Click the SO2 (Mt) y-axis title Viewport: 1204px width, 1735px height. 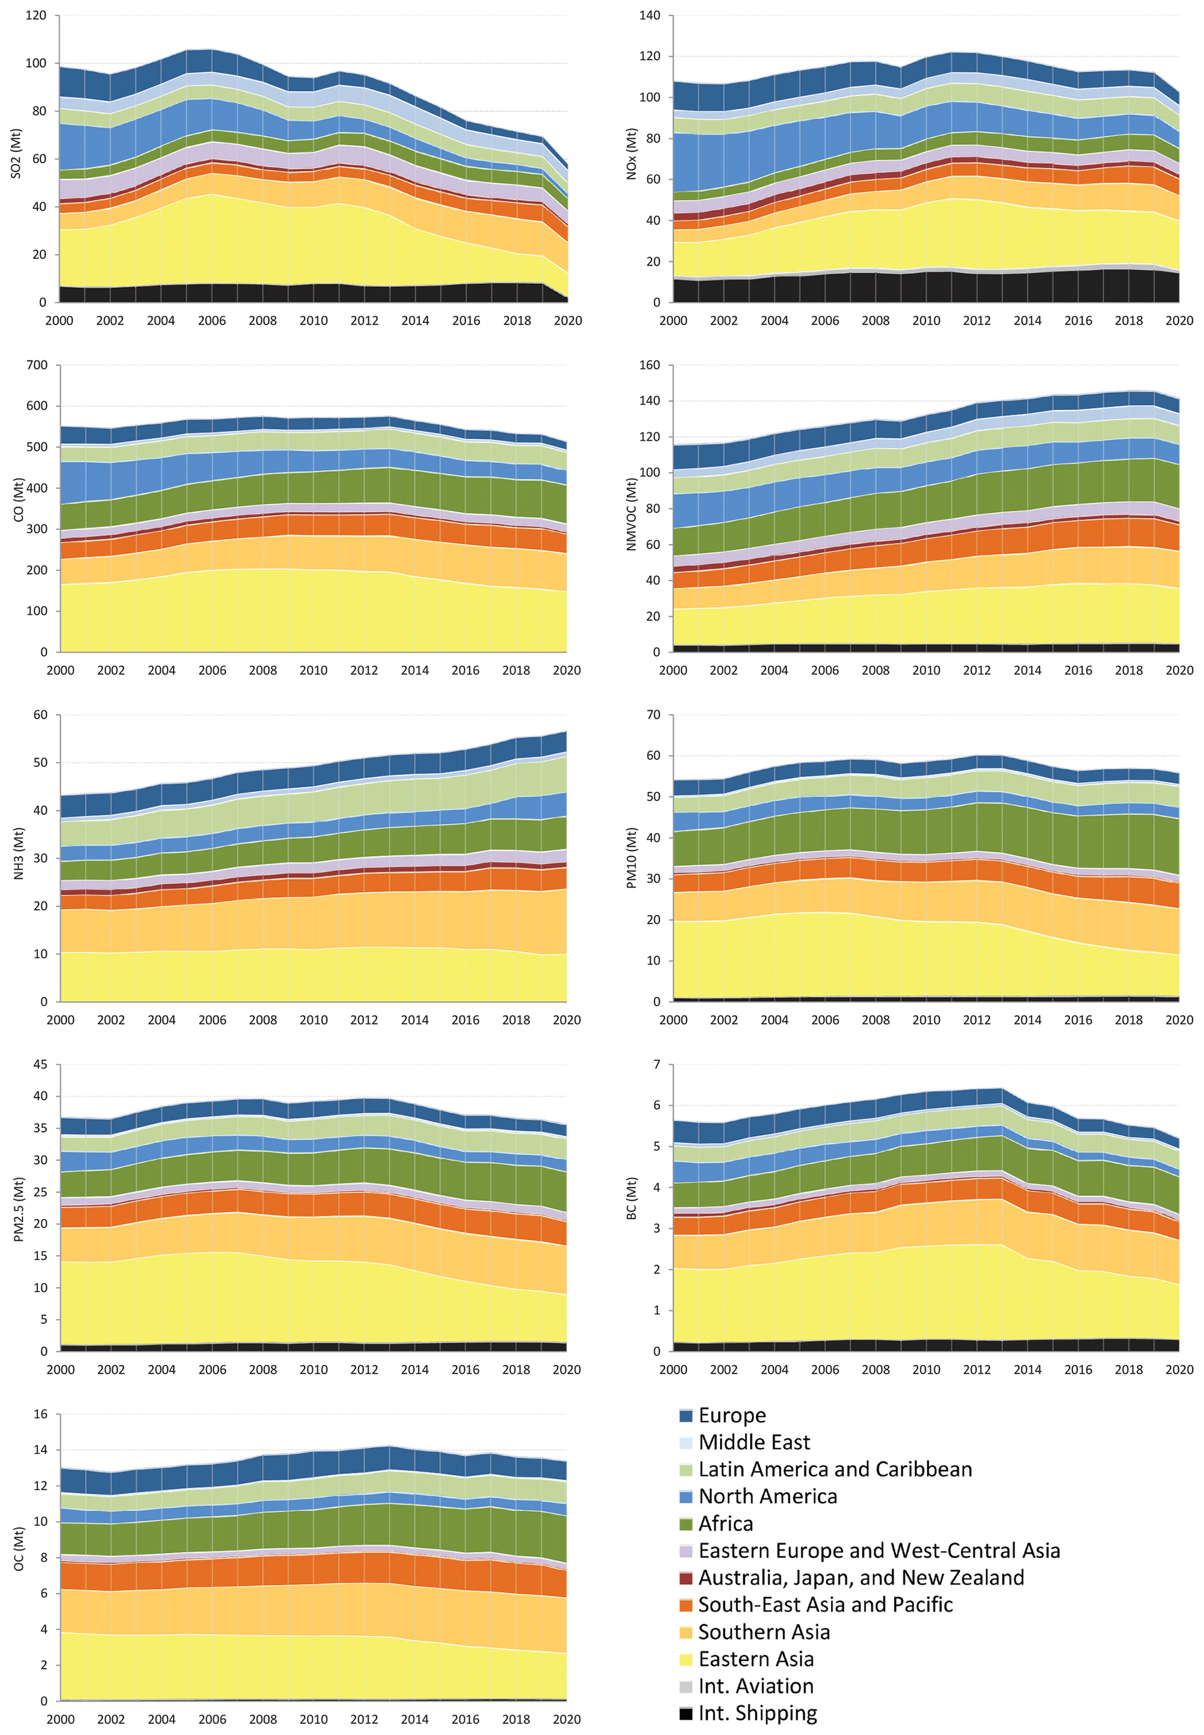16,154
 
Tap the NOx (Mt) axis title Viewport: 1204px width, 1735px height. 631,154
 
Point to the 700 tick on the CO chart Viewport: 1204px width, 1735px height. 36,365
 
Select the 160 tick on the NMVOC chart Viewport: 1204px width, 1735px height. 649,365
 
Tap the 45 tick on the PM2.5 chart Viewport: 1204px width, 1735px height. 39,1065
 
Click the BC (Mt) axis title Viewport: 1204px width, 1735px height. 631,1199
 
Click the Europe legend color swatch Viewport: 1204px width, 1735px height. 686,1415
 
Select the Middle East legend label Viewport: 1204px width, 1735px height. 754,1443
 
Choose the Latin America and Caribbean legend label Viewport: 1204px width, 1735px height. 835,1470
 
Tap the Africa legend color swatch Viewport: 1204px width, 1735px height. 686,1524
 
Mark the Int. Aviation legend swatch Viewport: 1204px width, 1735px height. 686,1686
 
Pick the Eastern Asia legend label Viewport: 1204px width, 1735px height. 756,1659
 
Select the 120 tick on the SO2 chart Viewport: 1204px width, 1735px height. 36,15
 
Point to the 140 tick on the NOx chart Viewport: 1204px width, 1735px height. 649,15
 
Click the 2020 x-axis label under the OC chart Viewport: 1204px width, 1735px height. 567,1719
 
